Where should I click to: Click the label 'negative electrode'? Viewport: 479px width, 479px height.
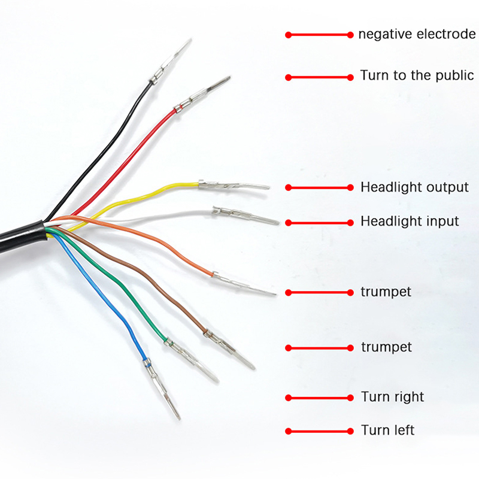(417, 34)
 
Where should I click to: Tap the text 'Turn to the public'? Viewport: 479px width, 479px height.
(417, 75)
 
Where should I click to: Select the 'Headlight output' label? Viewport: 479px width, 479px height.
(414, 187)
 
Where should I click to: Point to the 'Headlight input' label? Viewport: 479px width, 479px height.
(410, 221)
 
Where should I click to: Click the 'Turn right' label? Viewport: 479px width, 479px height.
(393, 397)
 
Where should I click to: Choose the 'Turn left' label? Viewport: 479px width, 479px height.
(387, 430)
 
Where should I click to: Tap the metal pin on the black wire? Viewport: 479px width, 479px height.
(171, 60)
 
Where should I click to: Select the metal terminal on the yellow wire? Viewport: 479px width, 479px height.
(234, 185)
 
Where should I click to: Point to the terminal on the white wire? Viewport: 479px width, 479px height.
(246, 216)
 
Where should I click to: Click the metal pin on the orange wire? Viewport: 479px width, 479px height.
(244, 284)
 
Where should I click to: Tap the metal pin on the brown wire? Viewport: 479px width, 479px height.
(229, 350)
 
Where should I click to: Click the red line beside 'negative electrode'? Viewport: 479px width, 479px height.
(319, 35)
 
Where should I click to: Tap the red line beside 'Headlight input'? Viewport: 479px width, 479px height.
(319, 223)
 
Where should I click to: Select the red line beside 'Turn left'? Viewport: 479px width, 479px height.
(319, 431)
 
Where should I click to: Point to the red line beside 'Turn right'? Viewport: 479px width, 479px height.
(319, 398)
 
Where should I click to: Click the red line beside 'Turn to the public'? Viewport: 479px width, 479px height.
(319, 77)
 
